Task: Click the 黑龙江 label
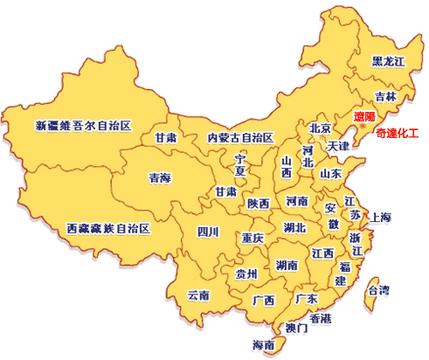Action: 388,61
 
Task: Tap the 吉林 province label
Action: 384,96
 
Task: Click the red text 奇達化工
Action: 397,134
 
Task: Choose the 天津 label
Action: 339,146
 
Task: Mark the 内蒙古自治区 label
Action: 240,138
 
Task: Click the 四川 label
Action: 208,232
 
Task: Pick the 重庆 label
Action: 253,238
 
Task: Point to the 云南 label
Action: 198,295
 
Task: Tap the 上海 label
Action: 381,217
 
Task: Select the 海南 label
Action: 263,344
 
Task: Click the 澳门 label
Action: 296,329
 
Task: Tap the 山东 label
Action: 330,173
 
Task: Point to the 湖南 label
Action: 287,264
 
